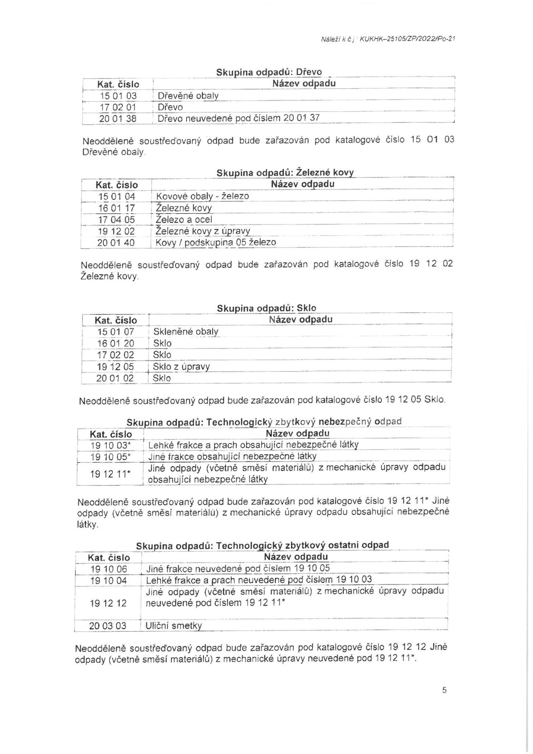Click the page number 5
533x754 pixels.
444,690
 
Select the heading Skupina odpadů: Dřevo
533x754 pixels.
269,72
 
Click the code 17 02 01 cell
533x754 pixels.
118,107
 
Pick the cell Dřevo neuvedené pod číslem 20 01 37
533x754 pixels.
239,118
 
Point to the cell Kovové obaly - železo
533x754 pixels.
202,196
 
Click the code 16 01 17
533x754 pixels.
117,208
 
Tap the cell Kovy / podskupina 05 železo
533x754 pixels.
216,243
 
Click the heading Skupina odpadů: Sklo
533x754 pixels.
266,308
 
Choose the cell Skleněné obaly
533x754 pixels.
186,332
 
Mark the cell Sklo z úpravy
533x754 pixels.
181,367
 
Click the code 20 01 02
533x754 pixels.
115,378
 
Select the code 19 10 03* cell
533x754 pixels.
111,445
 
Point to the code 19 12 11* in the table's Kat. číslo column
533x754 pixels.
111,474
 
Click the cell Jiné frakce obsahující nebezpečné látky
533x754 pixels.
232,457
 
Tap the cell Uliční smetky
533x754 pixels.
174,626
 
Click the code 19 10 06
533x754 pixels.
109,569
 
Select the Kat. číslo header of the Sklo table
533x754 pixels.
116,320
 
